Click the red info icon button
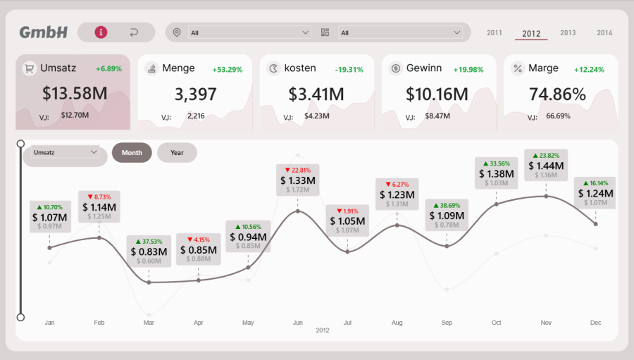pos(101,32)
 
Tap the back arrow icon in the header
pos(134,32)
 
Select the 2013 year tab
pos(568,33)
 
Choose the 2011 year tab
pos(495,33)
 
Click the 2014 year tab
pos(604,33)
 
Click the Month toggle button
pos(132,153)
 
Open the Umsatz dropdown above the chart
pos(65,152)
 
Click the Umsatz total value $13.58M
pos(75,94)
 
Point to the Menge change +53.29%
pos(228,69)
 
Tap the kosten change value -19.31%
pos(349,69)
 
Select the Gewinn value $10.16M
pos(437,94)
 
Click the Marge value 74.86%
pos(557,94)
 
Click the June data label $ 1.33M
pos(298,180)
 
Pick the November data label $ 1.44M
pos(546,166)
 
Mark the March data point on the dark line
pos(149,282)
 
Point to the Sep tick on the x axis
pos(447,323)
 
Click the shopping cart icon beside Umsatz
pos(30,68)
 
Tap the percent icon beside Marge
pos(518,68)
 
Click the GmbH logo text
pos(44,32)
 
